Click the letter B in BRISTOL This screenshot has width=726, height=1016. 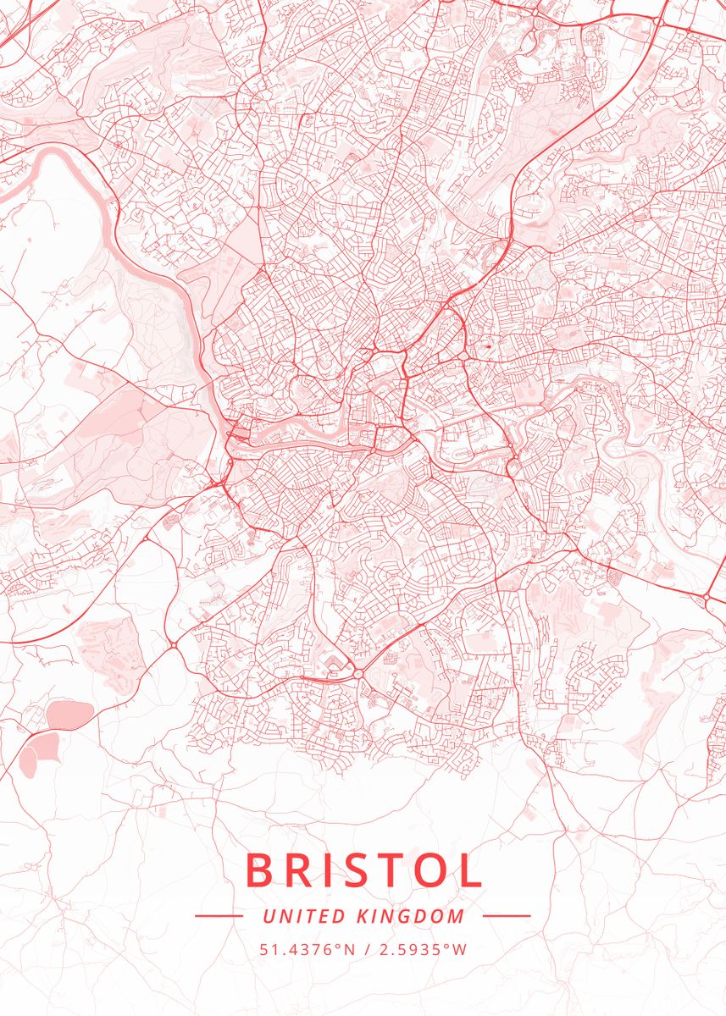pyautogui.click(x=260, y=870)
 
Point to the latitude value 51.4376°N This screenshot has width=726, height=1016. pyautogui.click(x=307, y=949)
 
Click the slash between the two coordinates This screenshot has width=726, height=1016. pyautogui.click(x=365, y=949)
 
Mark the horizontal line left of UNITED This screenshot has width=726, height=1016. pyautogui.click(x=219, y=916)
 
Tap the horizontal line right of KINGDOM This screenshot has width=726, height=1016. pyautogui.click(x=507, y=916)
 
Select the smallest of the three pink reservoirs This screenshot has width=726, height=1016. pyautogui.click(x=27, y=765)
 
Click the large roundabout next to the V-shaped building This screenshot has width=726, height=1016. pyautogui.click(x=357, y=674)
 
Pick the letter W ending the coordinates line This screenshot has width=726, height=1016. pyautogui.click(x=460, y=949)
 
